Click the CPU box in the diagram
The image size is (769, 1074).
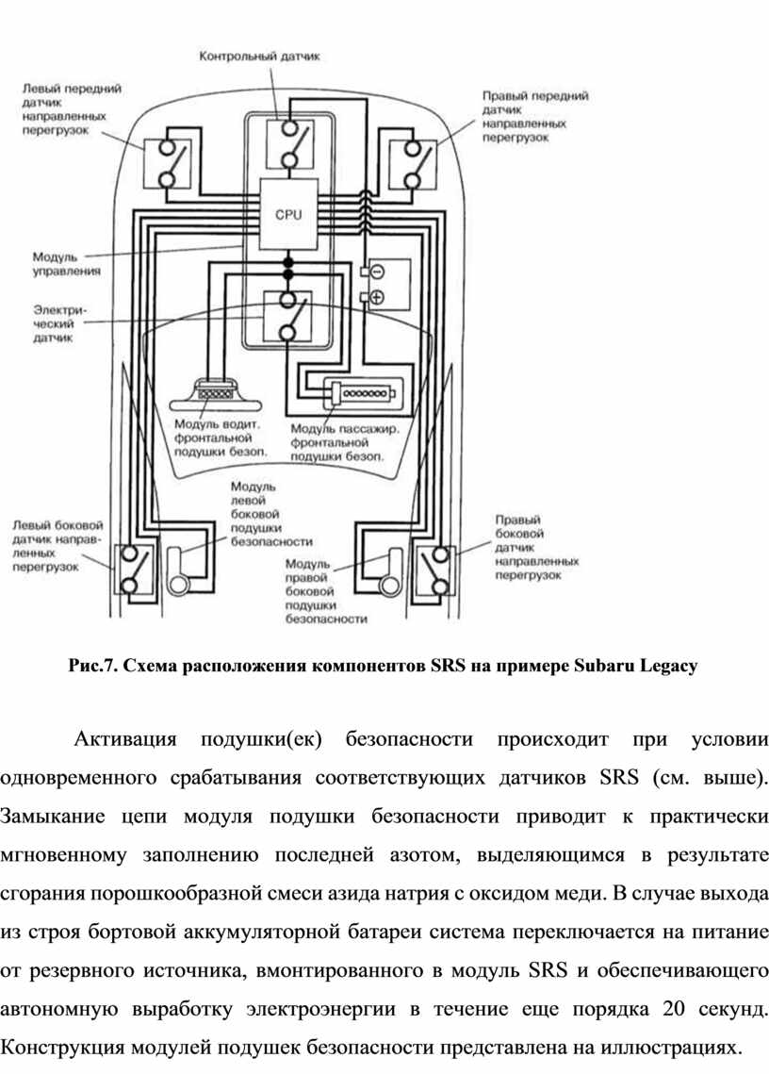(x=288, y=214)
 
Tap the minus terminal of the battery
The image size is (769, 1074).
(x=377, y=272)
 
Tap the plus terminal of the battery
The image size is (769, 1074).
(x=377, y=297)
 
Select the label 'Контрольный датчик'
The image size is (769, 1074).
(x=259, y=57)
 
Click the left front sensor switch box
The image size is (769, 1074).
(x=167, y=164)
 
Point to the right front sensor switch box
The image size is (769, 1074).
(x=413, y=164)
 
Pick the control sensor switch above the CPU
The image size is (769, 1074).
(x=289, y=144)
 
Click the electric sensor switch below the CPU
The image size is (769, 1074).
(x=288, y=317)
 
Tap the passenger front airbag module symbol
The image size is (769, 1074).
(x=362, y=394)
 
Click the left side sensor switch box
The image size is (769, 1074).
(x=134, y=569)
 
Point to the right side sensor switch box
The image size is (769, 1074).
(x=434, y=569)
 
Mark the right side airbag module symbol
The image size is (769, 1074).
(x=389, y=570)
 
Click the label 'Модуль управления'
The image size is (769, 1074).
(x=66, y=264)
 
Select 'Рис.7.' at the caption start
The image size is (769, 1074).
(x=94, y=665)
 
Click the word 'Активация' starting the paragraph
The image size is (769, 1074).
(x=124, y=740)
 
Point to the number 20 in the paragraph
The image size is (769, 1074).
(x=674, y=1009)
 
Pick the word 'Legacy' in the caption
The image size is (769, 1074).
(x=668, y=666)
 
